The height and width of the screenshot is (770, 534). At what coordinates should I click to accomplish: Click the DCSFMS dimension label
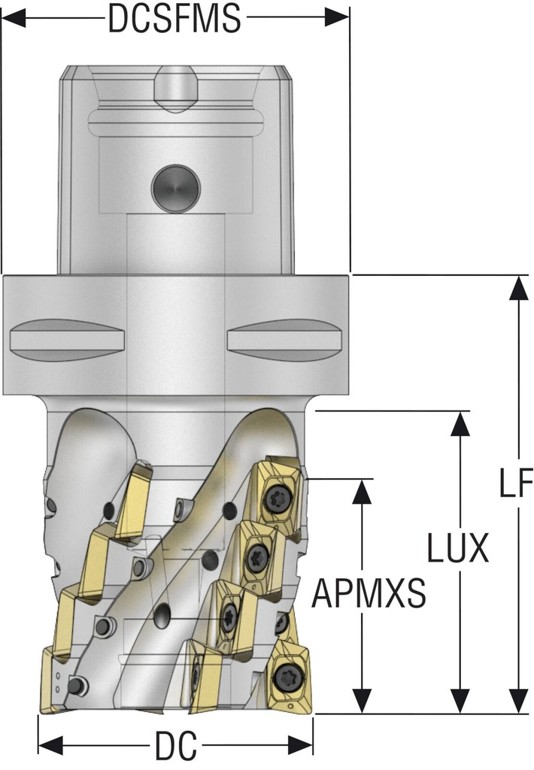click(x=174, y=18)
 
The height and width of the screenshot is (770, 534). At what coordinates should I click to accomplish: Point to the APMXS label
click(x=369, y=593)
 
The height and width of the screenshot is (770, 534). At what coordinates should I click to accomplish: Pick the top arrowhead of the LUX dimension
click(x=458, y=423)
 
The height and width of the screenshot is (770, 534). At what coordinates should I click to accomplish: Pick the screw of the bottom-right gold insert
click(x=288, y=674)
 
